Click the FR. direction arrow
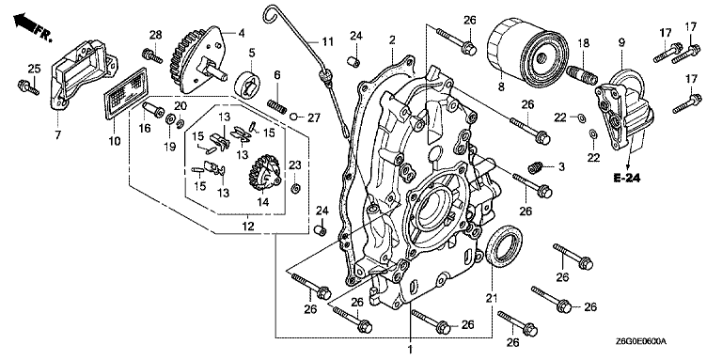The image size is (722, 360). point(32,26)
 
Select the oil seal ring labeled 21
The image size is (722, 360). point(504,245)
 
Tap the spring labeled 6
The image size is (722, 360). point(276,107)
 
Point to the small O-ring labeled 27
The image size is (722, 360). point(294,117)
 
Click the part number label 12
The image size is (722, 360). point(248,227)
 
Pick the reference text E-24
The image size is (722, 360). point(627,178)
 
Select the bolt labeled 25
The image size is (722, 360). point(28,87)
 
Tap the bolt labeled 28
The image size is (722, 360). point(152,57)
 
